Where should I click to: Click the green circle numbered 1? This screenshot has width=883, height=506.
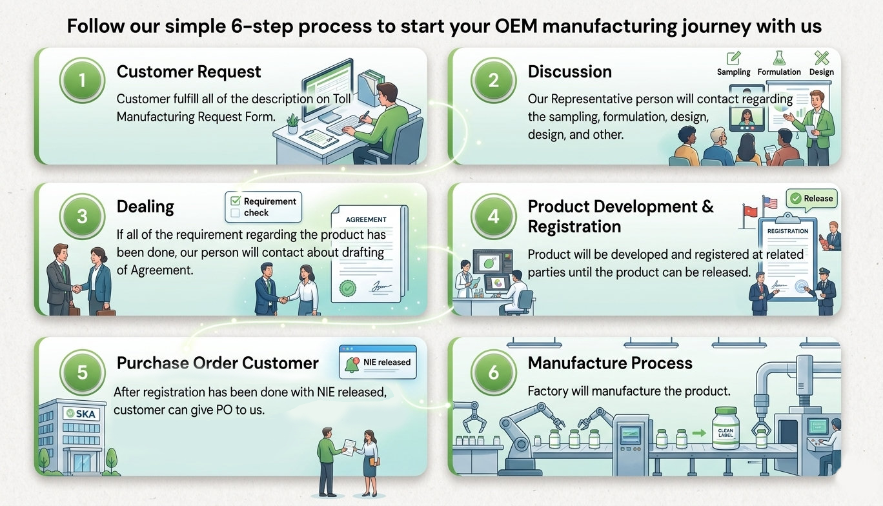[83, 82]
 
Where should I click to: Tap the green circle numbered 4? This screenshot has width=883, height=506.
[494, 216]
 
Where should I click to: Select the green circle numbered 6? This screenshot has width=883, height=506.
[494, 372]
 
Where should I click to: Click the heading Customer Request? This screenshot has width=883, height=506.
[189, 72]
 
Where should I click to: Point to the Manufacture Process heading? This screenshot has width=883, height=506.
[610, 363]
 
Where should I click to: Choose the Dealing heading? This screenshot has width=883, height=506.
[145, 207]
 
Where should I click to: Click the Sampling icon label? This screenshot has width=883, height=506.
[734, 72]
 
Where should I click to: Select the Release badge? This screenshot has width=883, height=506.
[811, 199]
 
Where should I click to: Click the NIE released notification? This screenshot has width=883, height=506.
[378, 362]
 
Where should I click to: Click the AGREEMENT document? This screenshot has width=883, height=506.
[367, 254]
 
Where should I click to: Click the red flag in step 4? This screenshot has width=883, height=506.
[749, 210]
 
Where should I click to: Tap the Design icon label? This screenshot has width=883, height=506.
[821, 72]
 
